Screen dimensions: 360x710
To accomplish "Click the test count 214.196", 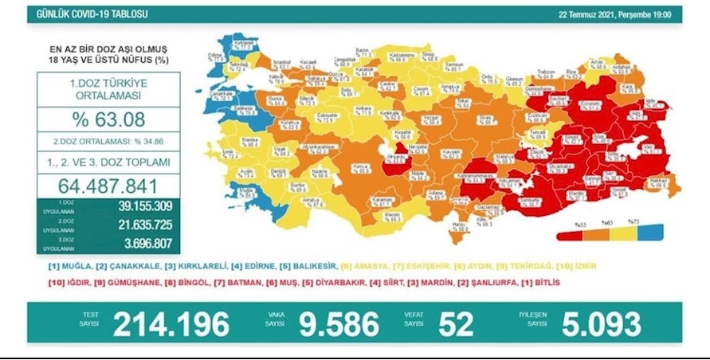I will click(171, 324).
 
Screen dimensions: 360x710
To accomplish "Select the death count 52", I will click(456, 324).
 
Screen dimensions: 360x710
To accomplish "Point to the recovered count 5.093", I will click(601, 324).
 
